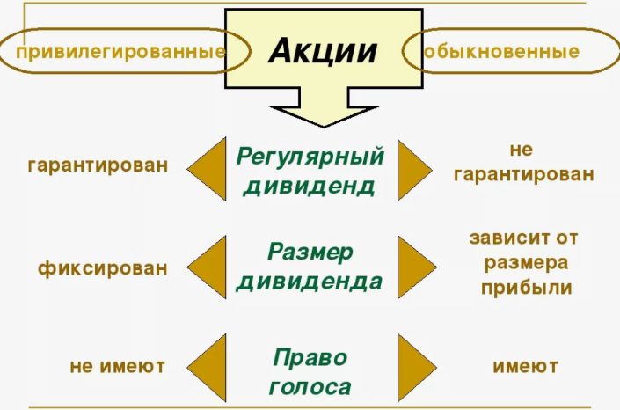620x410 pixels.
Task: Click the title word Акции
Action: tap(322, 50)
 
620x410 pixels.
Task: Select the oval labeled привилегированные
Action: tap(121, 51)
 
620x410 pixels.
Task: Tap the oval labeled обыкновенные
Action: tap(502, 51)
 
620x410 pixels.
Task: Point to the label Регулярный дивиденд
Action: tap(310, 171)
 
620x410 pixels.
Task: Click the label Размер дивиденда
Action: tap(310, 267)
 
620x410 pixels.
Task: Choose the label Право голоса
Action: tap(310, 371)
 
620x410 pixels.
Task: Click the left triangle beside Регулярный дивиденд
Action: tap(208, 169)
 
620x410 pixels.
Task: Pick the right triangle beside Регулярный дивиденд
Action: tap(414, 169)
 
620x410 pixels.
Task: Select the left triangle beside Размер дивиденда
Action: tap(208, 267)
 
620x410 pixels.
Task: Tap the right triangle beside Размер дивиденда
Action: tap(414, 267)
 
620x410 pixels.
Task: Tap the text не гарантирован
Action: tap(523, 162)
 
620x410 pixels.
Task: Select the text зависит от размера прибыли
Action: tap(524, 262)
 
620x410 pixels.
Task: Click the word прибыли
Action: tap(526, 287)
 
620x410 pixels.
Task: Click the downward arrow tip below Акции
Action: tap(310, 122)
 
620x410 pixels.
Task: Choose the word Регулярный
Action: tap(310, 157)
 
